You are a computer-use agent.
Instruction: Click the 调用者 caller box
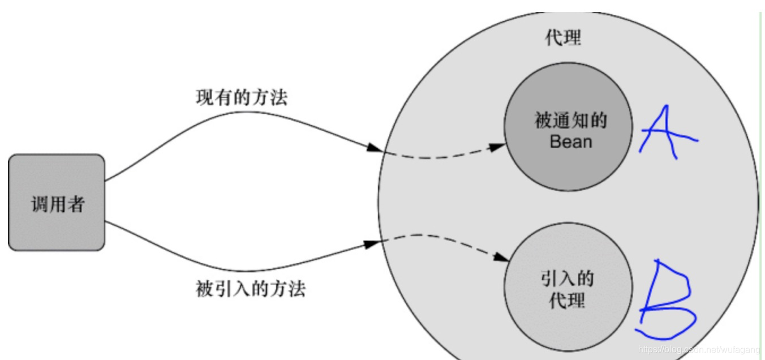[x=57, y=202]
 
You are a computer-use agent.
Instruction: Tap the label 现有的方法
[x=242, y=97]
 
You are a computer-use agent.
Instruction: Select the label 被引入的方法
[x=251, y=289]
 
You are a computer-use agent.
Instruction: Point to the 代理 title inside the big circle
[x=563, y=38]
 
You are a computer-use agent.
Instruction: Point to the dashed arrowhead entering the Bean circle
[x=497, y=147]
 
